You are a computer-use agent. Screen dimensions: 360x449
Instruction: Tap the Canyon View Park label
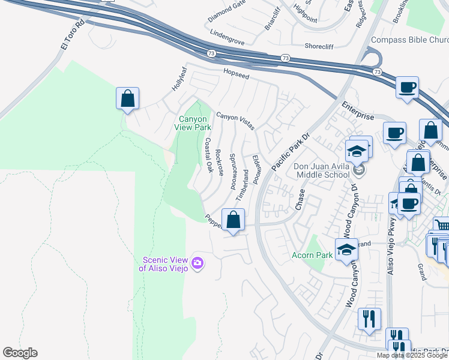click(x=193, y=123)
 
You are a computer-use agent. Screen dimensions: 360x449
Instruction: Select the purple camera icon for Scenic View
click(x=197, y=263)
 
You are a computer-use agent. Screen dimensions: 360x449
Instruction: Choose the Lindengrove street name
click(x=228, y=45)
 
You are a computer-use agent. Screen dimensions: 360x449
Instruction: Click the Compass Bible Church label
click(x=409, y=40)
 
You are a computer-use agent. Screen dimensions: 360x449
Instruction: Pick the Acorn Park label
click(x=313, y=256)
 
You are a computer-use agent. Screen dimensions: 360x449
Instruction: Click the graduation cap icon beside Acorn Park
click(x=346, y=250)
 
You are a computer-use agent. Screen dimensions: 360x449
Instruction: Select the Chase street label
click(x=300, y=200)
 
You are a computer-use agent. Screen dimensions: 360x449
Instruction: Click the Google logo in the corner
click(x=20, y=353)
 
